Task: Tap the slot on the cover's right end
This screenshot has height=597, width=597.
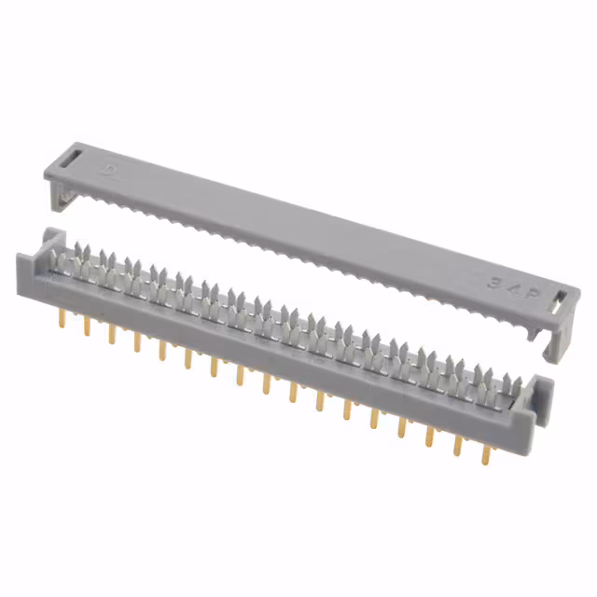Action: (559, 303)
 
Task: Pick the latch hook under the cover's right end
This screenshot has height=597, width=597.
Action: (553, 342)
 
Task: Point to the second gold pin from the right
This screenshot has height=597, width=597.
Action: (457, 442)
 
